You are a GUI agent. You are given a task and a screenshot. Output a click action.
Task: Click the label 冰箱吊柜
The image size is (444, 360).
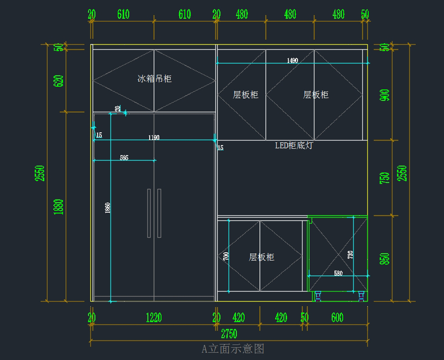pos(155,78)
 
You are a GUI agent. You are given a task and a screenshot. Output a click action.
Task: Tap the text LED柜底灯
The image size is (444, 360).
pos(294,145)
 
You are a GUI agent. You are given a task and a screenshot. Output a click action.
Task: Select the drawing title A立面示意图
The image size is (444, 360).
pos(233,349)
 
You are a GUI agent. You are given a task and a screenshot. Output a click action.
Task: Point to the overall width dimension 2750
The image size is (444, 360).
pos(229,334)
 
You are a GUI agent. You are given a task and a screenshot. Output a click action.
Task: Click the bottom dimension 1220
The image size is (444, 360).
pos(154,317)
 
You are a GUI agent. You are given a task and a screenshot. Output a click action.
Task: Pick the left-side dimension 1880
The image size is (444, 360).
pos(58,207)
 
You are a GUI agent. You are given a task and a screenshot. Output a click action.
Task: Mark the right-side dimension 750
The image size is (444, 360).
pos(385,178)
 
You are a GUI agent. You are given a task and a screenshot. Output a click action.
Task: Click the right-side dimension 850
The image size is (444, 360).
pos(385,259)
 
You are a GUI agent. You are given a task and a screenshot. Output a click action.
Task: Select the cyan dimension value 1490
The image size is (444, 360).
pos(292,61)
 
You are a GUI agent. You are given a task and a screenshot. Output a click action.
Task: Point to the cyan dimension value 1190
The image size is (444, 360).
pos(154,138)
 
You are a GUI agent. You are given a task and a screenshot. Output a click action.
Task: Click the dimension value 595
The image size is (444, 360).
pos(124,158)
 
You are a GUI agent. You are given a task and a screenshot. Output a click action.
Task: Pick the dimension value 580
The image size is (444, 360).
pos(338,273)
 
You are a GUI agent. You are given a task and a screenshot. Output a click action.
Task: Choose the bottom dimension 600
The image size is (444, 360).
pos(337,317)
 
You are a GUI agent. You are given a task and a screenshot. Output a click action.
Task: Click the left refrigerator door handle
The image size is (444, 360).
pos(149,213)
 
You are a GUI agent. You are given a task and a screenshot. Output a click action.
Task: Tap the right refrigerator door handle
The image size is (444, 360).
pos(159,213)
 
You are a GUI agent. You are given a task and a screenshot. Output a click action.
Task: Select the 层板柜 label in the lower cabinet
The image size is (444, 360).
pos(262,257)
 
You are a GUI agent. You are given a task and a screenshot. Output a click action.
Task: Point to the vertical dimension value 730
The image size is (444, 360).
pos(350,255)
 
